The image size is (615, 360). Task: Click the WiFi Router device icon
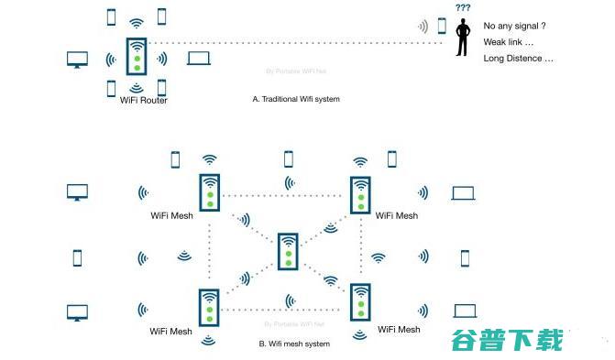coord(137,56)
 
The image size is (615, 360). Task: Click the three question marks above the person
coord(463,7)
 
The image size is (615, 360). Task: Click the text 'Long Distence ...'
coord(518,58)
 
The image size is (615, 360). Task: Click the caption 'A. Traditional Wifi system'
coord(295,98)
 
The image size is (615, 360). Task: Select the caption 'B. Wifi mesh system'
coord(294,344)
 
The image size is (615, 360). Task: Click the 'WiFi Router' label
coord(143,100)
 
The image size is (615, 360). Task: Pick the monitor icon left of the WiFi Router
coord(77,60)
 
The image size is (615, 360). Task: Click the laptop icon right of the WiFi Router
coord(199,60)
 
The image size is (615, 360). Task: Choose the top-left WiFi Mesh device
coord(210,192)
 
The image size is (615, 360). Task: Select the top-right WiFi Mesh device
coord(360,194)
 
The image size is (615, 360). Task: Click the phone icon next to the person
coord(442,26)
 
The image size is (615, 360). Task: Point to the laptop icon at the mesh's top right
coord(463,193)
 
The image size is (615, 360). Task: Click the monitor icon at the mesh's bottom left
coord(77,311)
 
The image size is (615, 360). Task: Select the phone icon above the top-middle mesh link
coord(288,158)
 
